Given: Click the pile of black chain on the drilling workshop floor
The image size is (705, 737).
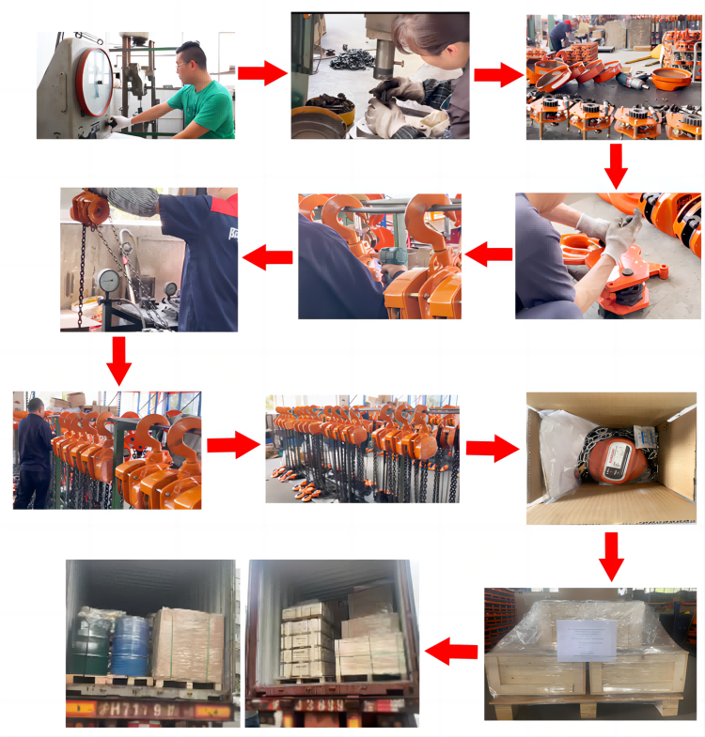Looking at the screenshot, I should (x=345, y=68).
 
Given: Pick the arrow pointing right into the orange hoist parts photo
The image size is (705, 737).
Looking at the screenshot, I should (x=497, y=74).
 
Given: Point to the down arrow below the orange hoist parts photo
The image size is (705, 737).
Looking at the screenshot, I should (x=616, y=165).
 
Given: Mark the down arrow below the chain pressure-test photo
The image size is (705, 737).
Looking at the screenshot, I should (x=119, y=359).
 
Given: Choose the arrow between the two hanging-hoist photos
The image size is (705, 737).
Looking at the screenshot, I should (x=232, y=444).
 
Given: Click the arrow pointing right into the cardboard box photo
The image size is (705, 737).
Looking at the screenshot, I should (x=491, y=448).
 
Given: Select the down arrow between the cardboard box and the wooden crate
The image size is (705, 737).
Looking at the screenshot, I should (x=612, y=556).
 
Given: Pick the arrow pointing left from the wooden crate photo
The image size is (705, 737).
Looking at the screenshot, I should (x=452, y=649).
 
